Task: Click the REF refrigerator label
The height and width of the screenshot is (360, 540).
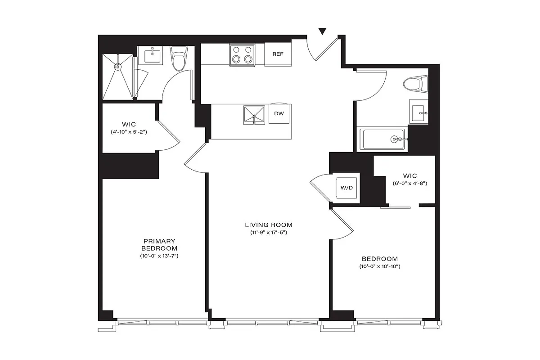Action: click(x=278, y=54)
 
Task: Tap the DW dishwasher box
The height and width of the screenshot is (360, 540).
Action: click(x=279, y=114)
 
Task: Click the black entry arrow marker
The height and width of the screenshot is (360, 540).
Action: click(x=322, y=31)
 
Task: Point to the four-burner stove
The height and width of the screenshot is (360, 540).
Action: click(x=242, y=55)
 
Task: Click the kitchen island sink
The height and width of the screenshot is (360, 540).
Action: click(x=254, y=115)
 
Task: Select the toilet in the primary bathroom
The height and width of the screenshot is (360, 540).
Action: click(x=179, y=59)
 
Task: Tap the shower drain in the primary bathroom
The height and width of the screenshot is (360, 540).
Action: click(x=118, y=67)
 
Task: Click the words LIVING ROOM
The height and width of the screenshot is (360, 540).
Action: click(x=269, y=225)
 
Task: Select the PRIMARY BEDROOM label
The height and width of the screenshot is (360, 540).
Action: click(x=159, y=245)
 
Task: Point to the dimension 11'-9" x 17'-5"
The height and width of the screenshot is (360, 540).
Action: click(x=269, y=233)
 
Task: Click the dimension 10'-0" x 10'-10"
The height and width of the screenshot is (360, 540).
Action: click(x=380, y=267)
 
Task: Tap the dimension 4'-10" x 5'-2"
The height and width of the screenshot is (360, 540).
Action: click(x=129, y=132)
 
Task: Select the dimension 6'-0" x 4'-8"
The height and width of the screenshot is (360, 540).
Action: click(x=409, y=184)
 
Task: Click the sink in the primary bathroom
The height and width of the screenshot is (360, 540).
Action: click(x=152, y=56)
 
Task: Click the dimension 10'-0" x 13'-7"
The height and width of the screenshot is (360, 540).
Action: click(x=159, y=256)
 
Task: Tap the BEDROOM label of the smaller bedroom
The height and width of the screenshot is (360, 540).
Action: click(x=380, y=259)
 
